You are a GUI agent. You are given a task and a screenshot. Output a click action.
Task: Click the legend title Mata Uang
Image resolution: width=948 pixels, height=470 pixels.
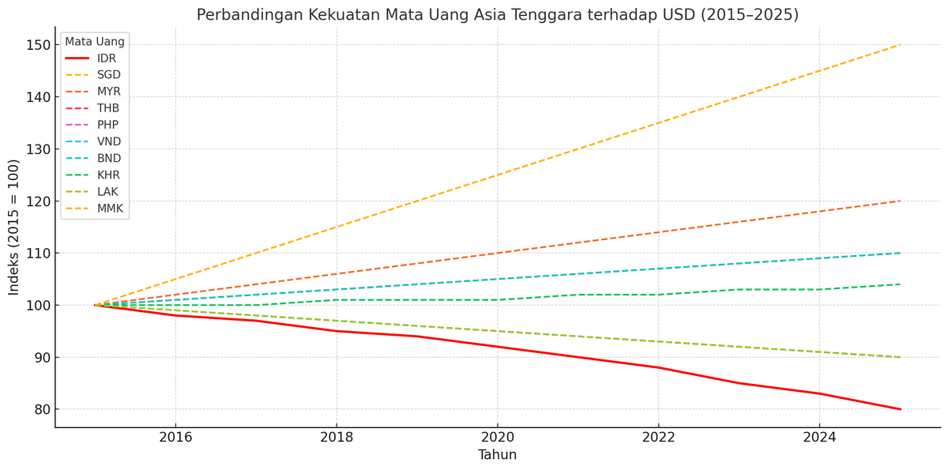click(x=95, y=42)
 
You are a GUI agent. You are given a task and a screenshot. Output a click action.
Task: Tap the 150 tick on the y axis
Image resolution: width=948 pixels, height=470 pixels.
click(x=39, y=45)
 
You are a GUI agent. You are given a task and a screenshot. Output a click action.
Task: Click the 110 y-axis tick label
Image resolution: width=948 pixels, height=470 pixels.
click(x=39, y=254)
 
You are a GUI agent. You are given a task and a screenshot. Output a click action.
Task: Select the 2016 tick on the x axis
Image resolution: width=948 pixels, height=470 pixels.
click(x=175, y=436)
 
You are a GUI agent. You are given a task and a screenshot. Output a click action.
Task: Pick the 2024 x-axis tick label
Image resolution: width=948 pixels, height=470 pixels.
click(x=819, y=436)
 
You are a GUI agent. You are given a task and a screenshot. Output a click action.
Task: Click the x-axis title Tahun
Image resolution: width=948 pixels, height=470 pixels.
click(x=497, y=455)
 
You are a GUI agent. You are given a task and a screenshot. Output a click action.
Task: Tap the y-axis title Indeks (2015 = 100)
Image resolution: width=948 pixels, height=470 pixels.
click(x=14, y=227)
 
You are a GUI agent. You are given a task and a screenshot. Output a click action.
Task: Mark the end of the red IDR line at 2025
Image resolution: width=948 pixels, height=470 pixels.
click(x=900, y=409)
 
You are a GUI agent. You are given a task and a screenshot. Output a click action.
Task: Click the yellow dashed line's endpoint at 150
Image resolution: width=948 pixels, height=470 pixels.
click(x=900, y=45)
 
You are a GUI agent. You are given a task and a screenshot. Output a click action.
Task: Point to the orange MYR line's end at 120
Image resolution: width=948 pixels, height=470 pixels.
click(x=900, y=201)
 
